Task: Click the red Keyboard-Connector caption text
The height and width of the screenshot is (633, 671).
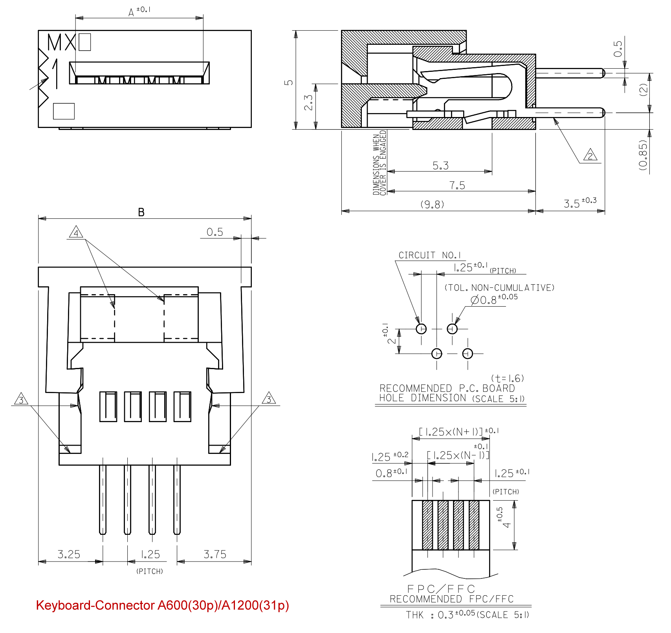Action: click(x=162, y=605)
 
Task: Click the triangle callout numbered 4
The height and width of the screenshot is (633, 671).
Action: click(x=76, y=232)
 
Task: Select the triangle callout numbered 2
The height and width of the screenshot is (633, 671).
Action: click(x=590, y=156)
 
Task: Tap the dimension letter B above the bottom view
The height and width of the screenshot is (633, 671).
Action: click(x=141, y=212)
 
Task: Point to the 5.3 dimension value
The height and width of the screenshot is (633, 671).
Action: click(x=440, y=166)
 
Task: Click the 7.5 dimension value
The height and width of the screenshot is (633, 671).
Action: click(x=457, y=185)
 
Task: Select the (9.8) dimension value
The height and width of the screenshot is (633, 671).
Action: click(x=432, y=205)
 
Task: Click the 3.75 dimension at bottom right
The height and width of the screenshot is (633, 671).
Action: click(x=215, y=554)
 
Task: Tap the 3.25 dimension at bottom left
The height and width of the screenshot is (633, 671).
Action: click(x=69, y=554)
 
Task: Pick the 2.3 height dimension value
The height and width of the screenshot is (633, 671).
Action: click(x=309, y=102)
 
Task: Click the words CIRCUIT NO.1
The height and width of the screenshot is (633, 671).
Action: click(x=430, y=255)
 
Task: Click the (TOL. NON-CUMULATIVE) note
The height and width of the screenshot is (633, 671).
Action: click(x=499, y=288)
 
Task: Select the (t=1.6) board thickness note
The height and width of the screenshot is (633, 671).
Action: click(x=508, y=378)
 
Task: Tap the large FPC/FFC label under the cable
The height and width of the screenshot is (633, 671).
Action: click(x=441, y=589)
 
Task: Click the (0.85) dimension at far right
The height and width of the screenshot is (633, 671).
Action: click(x=643, y=155)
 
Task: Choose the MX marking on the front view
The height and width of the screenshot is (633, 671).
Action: click(x=61, y=42)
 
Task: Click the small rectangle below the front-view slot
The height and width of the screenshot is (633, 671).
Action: click(x=64, y=111)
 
